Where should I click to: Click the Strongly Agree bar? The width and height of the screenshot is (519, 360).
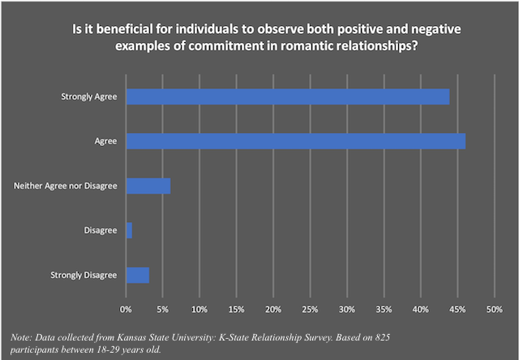click(x=288, y=97)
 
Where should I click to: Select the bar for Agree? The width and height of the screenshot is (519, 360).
click(x=296, y=142)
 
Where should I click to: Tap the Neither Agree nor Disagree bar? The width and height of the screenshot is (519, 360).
click(x=148, y=186)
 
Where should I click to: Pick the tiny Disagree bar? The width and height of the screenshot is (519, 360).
click(x=129, y=231)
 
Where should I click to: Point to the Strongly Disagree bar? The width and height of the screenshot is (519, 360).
click(x=138, y=275)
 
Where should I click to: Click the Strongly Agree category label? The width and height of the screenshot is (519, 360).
click(x=90, y=97)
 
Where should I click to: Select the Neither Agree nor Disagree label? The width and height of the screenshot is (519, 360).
click(x=66, y=186)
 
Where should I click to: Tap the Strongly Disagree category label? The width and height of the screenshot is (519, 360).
click(x=84, y=275)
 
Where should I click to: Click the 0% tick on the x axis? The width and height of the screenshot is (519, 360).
click(x=126, y=310)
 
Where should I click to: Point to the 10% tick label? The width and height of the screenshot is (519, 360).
click(x=199, y=310)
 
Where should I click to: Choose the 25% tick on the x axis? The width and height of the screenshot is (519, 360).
click(x=310, y=310)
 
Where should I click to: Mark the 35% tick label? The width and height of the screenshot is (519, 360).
click(x=384, y=310)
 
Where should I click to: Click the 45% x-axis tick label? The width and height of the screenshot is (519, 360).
click(x=457, y=310)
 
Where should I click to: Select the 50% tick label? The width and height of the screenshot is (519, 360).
click(x=494, y=310)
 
